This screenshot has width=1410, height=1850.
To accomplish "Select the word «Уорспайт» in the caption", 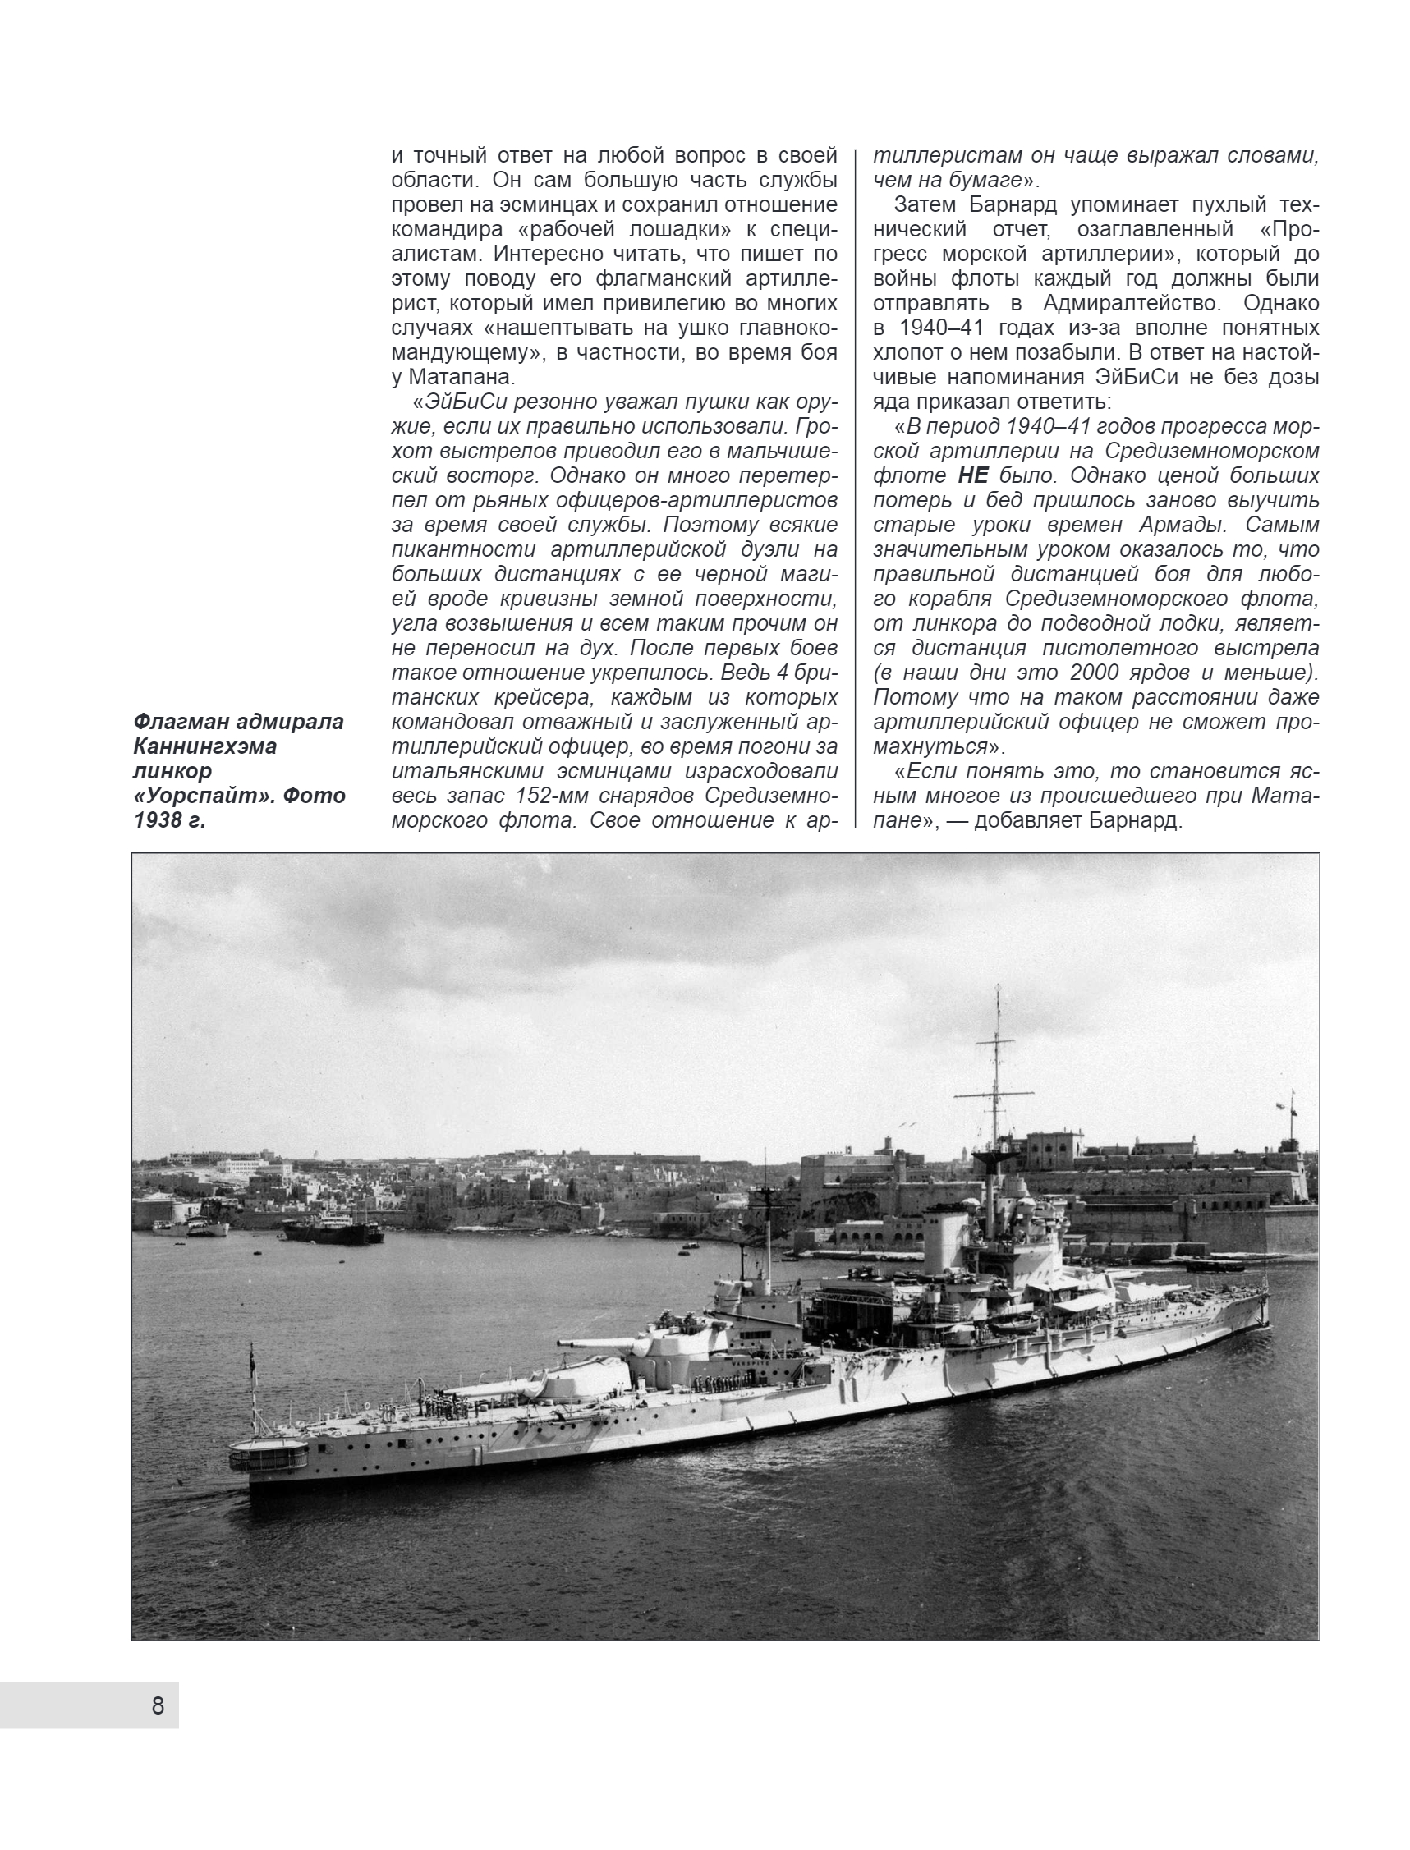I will [x=194, y=795].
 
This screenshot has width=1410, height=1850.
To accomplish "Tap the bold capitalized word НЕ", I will [x=973, y=475].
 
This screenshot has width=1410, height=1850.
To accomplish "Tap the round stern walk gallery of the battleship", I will [x=269, y=1455].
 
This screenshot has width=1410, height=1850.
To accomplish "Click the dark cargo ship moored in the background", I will [x=333, y=1233].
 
